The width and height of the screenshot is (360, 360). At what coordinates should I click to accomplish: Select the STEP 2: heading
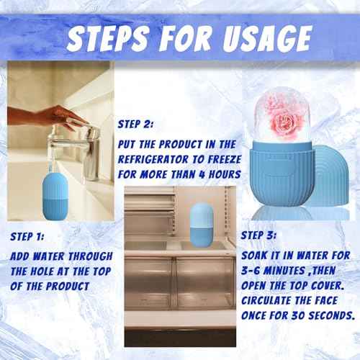point(140,123)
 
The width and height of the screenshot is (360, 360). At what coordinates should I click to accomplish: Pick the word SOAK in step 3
point(256,256)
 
